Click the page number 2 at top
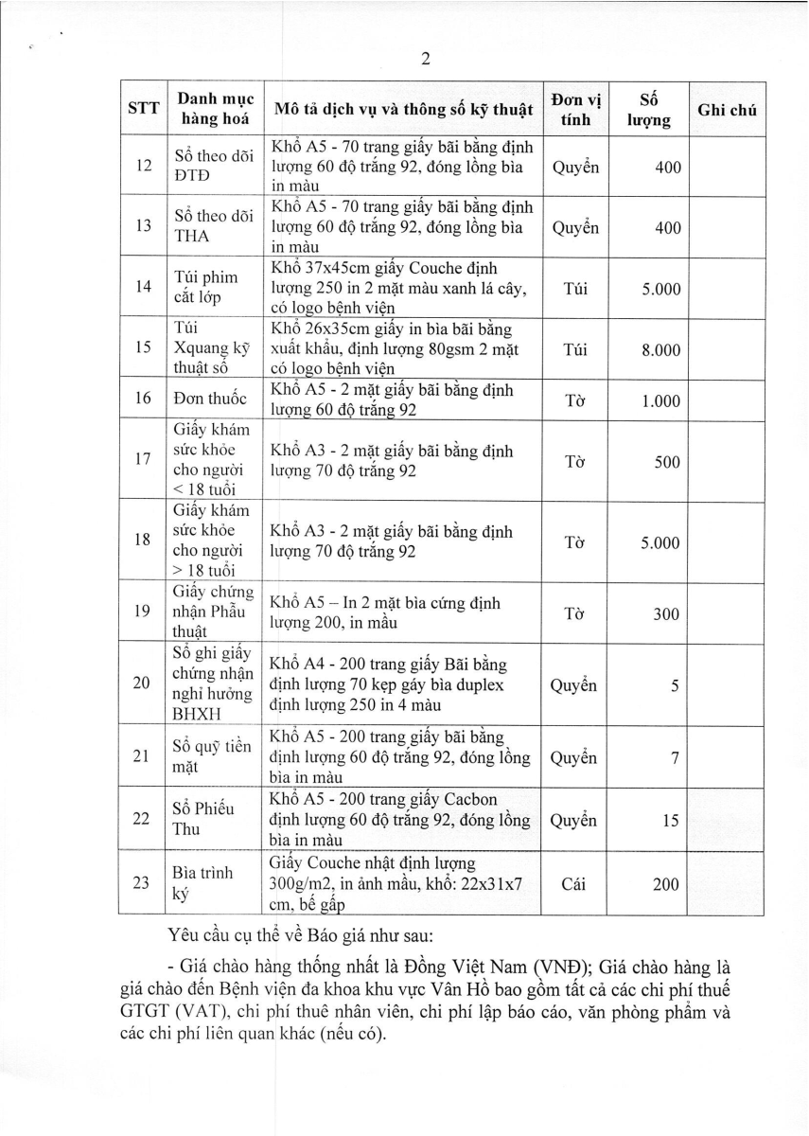point(425,59)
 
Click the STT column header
point(143,109)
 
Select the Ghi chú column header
point(727,110)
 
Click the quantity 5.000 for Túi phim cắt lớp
point(660,289)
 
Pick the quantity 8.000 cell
point(660,349)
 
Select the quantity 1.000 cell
point(660,400)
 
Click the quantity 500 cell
point(665,462)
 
